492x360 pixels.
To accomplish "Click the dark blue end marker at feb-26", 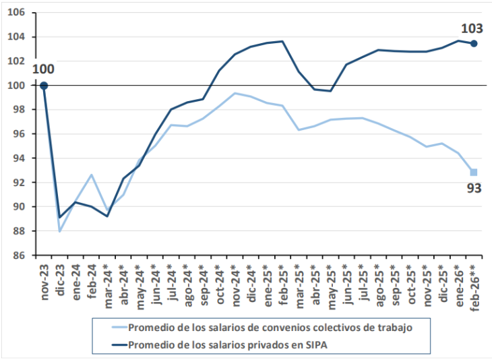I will pyautogui.click(x=474, y=43).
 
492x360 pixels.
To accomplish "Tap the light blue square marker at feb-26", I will pyautogui.click(x=474, y=172).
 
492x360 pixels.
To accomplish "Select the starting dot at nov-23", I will pyautogui.click(x=44, y=86).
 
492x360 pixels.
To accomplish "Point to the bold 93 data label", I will pyautogui.click(x=474, y=188).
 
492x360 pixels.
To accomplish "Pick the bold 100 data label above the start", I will pyautogui.click(x=42, y=69).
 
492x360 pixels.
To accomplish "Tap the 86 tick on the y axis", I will pyautogui.click(x=20, y=256).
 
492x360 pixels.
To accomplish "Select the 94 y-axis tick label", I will pyautogui.click(x=20, y=158).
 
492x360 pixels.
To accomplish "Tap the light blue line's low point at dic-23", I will pyautogui.click(x=60, y=231).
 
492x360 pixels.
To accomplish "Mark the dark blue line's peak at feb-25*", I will pyautogui.click(x=282, y=41).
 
